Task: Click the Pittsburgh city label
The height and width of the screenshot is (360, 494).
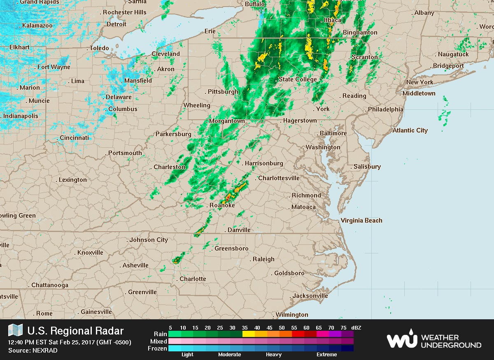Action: point(223,91)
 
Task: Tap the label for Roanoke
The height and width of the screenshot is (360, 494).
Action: point(222,205)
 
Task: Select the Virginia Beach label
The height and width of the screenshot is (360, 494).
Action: point(361,221)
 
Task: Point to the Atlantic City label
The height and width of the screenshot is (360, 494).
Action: point(410,130)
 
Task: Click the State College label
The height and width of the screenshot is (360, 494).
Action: point(298,79)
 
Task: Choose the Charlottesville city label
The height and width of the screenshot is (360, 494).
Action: point(279,178)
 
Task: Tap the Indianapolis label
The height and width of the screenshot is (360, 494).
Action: point(21,116)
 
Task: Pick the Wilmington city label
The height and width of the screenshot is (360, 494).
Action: point(292,315)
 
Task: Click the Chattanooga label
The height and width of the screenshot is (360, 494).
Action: point(50,285)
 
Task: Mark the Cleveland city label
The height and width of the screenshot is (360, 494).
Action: point(165,54)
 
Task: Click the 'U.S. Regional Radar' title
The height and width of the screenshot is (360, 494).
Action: point(75,331)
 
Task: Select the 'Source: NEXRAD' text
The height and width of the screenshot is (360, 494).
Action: point(33,351)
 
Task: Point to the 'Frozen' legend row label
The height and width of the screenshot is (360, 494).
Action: point(157,348)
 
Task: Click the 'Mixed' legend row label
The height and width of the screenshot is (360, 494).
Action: point(158,341)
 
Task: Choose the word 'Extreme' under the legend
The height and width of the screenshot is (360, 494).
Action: point(326,355)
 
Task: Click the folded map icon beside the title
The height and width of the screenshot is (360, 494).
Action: point(16,330)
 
